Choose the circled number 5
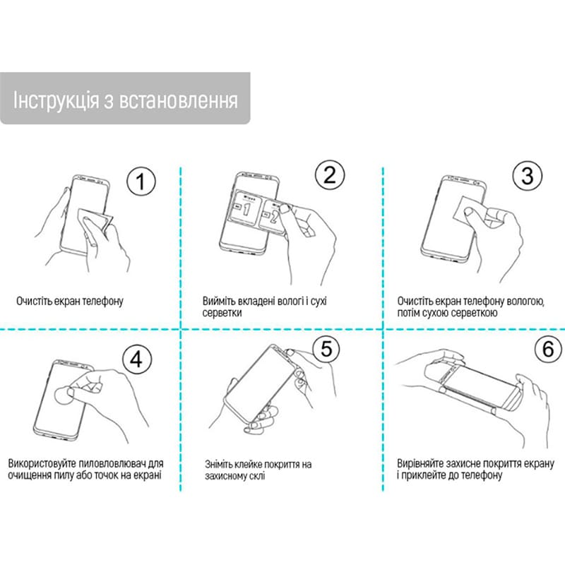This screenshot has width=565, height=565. (326, 348)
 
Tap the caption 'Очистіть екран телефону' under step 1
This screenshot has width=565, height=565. (70, 302)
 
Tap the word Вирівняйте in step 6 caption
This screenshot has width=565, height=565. (421, 464)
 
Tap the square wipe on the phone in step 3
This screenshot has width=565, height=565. (467, 210)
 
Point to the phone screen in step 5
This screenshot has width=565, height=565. (260, 385)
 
